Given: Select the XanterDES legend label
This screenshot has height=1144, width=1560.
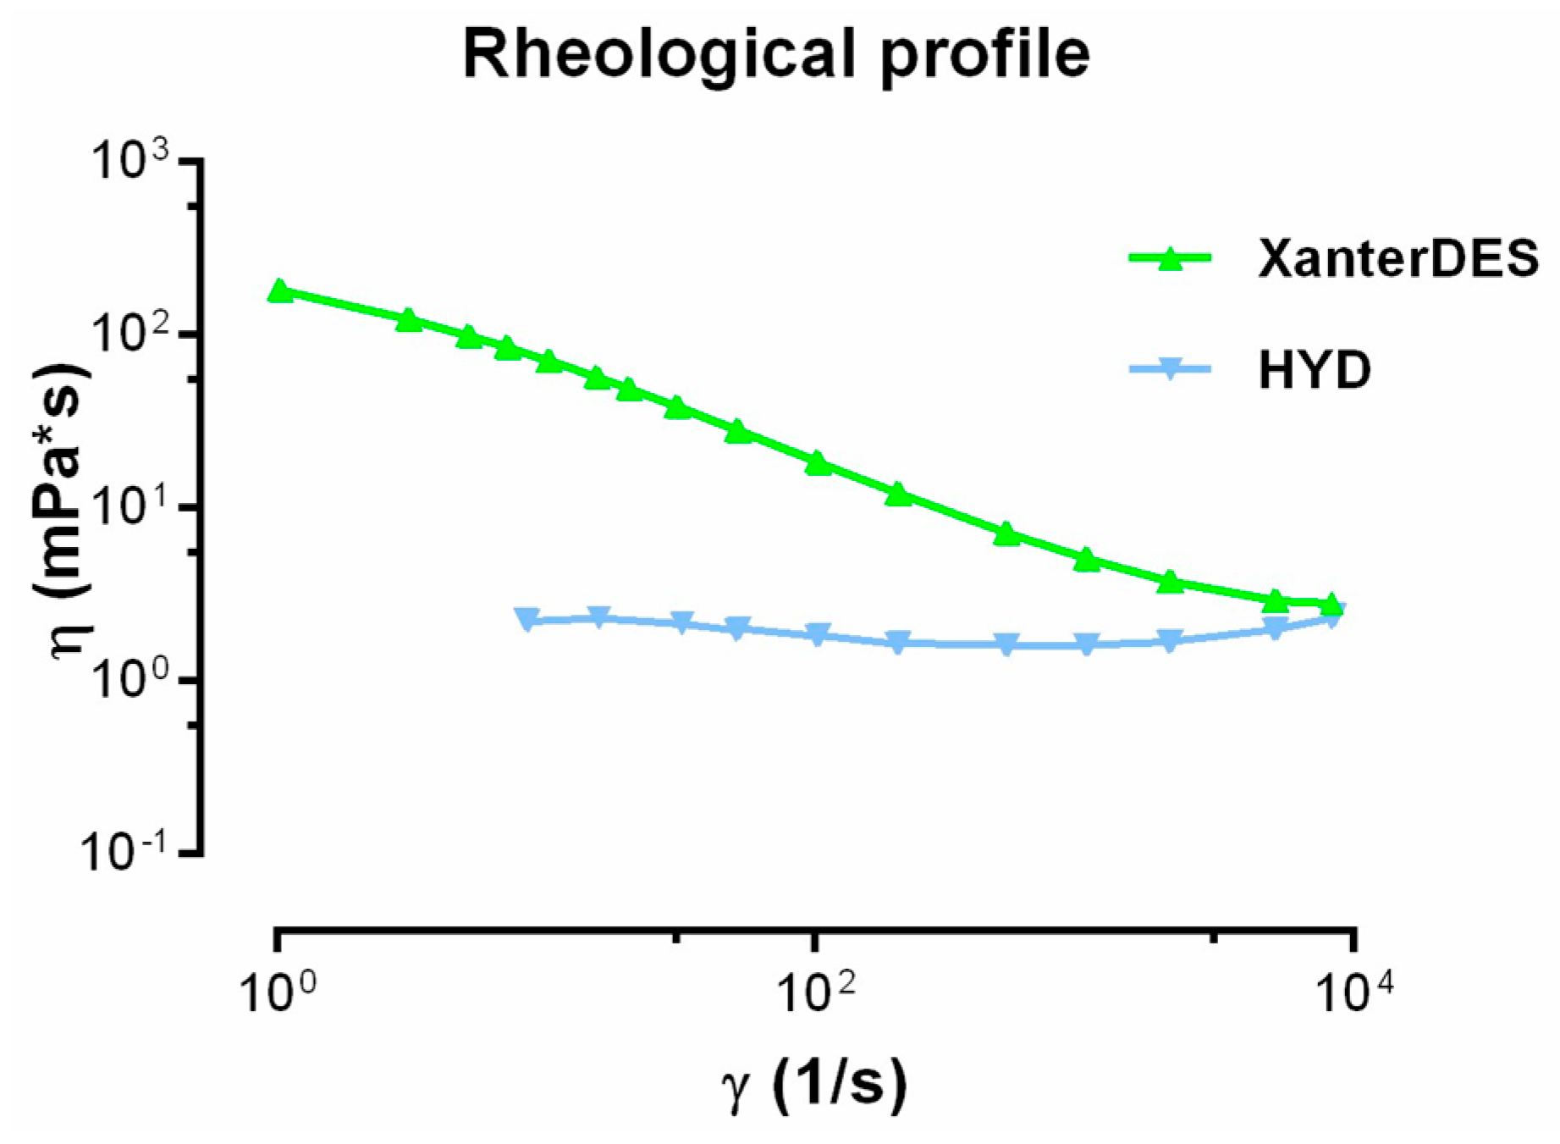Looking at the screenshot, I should pyautogui.click(x=1397, y=257).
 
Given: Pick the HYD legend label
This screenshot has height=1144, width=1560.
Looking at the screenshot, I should pyautogui.click(x=1314, y=370).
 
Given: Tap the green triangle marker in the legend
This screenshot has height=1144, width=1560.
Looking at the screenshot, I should pyautogui.click(x=1170, y=257).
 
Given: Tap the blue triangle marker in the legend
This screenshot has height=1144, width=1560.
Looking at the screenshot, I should pyautogui.click(x=1170, y=369).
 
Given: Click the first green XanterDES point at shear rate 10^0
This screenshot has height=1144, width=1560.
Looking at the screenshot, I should pyautogui.click(x=279, y=292).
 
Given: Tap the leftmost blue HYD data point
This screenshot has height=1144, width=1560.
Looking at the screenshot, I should pyautogui.click(x=527, y=618).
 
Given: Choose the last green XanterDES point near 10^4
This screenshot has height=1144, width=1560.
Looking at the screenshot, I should pyautogui.click(x=1331, y=605).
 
